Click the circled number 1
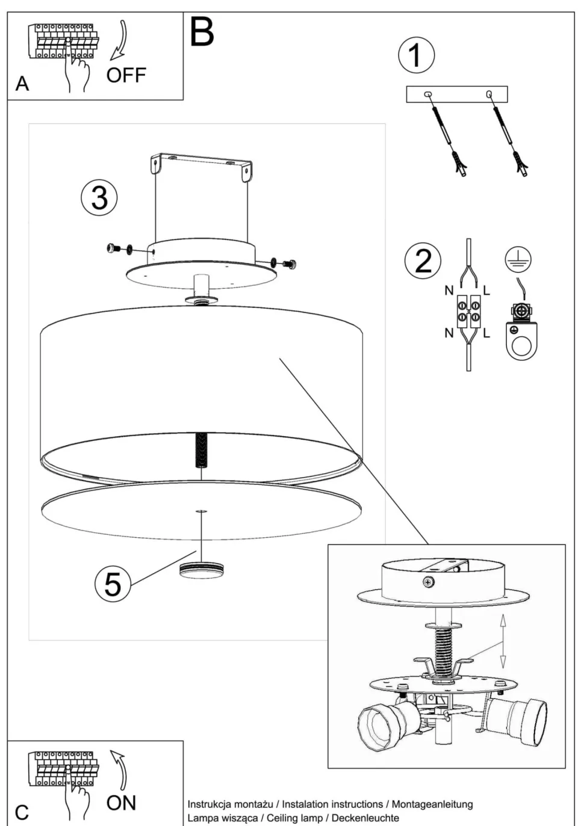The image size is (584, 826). pyautogui.click(x=415, y=55)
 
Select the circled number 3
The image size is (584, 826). pyautogui.click(x=99, y=197)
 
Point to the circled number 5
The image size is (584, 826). pyautogui.click(x=113, y=583)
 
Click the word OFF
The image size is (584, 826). pyautogui.click(x=126, y=75)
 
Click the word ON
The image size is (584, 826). pyautogui.click(x=121, y=803)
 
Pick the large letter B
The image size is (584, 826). pyautogui.click(x=202, y=32)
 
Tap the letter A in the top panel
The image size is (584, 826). pyautogui.click(x=22, y=84)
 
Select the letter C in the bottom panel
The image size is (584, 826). pyautogui.click(x=22, y=813)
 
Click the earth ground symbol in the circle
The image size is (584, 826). pyautogui.click(x=518, y=259)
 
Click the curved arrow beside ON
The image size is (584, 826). pyautogui.click(x=120, y=769)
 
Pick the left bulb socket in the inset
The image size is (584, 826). pyautogui.click(x=382, y=726)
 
